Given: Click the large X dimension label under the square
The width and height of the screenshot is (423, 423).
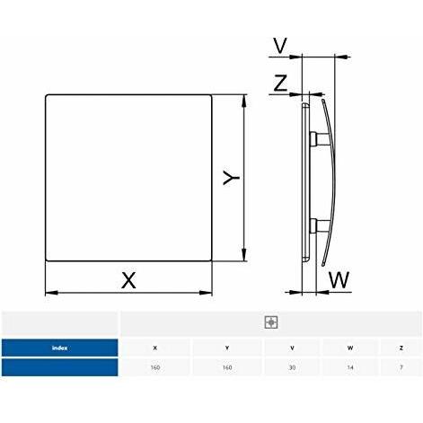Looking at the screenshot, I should click(x=129, y=279).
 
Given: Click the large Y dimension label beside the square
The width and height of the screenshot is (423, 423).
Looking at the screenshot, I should click(x=231, y=179).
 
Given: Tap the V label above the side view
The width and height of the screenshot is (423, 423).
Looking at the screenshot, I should click(x=281, y=44).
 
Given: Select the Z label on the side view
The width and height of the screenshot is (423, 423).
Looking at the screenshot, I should click(x=280, y=84).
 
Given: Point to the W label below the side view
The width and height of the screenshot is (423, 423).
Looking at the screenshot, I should click(x=339, y=279).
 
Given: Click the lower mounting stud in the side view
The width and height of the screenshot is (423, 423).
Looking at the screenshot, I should click(x=317, y=224).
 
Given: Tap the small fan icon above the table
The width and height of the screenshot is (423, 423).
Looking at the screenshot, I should click(x=270, y=322).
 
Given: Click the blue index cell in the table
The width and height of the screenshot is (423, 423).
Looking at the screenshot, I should click(x=60, y=348).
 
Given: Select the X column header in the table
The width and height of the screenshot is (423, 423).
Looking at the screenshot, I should click(x=155, y=348).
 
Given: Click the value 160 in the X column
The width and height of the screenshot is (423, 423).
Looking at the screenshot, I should click(x=155, y=368).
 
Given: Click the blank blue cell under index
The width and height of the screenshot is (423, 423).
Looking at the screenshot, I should click(x=60, y=368).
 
